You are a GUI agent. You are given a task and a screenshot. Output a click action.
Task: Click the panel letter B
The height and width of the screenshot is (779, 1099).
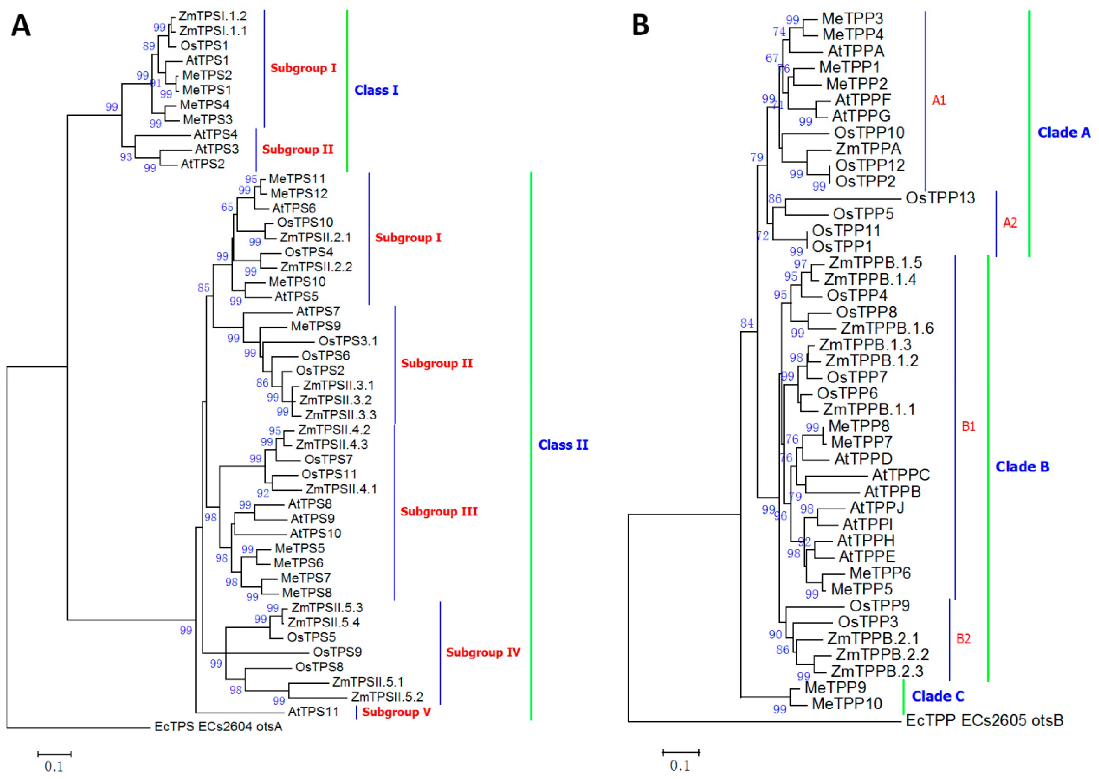pyautogui.click(x=641, y=25)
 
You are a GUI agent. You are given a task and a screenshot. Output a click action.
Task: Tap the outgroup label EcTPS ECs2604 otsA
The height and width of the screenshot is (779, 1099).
pyautogui.click(x=218, y=727)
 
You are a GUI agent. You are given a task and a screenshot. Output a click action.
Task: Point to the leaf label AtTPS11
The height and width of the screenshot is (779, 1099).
pyautogui.click(x=313, y=711)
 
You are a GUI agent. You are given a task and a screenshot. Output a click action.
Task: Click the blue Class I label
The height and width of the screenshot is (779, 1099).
pyautogui.click(x=376, y=90)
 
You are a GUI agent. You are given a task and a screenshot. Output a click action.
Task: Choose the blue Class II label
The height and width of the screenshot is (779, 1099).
pyautogui.click(x=563, y=445)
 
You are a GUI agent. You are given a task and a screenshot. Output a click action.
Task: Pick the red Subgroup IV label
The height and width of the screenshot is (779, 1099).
pyautogui.click(x=483, y=652)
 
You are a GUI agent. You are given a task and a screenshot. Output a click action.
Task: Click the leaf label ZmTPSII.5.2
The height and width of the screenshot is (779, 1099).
pyautogui.click(x=387, y=696)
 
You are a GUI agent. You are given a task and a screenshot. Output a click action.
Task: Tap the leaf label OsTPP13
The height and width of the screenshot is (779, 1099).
pyautogui.click(x=940, y=198)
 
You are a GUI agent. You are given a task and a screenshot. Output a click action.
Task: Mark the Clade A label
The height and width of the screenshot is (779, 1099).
pyautogui.click(x=1063, y=133)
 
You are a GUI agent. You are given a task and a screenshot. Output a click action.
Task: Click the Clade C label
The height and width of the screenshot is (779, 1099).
pyautogui.click(x=937, y=696)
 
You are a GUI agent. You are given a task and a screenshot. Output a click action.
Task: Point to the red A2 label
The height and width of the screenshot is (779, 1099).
pyautogui.click(x=1010, y=223)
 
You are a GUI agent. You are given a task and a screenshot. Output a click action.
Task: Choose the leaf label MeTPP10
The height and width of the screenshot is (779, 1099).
pyautogui.click(x=847, y=704)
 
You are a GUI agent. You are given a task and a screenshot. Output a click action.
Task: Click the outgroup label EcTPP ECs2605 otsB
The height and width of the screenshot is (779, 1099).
pyautogui.click(x=984, y=720)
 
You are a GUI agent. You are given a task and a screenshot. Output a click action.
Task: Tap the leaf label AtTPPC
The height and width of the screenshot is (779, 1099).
pyautogui.click(x=900, y=475)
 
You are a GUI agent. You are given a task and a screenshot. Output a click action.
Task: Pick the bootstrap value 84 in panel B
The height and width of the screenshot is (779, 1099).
pyautogui.click(x=747, y=323)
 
